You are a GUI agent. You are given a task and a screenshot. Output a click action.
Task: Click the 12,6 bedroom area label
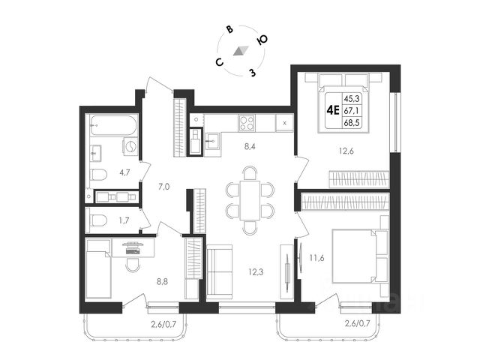[346, 151]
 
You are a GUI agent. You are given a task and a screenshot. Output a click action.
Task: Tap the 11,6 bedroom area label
[316, 258]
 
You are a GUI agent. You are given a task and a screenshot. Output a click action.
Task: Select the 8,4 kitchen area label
[250, 147]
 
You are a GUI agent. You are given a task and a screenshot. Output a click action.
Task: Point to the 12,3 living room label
[256, 271]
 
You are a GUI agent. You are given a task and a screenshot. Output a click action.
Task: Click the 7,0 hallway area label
[164, 186]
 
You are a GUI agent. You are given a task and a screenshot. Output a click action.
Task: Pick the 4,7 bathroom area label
[124, 172]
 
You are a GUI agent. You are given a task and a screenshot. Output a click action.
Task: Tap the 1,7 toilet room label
[124, 220]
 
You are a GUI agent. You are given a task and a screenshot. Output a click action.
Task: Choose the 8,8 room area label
[162, 281]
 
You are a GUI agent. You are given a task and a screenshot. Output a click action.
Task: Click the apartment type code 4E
[333, 110]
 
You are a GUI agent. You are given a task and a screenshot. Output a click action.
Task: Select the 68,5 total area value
[352, 123]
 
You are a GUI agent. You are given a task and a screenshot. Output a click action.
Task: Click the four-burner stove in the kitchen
[247, 123]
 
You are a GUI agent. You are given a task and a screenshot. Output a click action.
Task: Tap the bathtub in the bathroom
[113, 125]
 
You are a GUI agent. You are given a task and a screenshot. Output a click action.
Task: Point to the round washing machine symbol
[130, 145]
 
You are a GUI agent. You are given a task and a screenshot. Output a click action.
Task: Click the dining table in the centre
[250, 200]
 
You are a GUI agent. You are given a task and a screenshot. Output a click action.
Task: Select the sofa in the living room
[220, 271]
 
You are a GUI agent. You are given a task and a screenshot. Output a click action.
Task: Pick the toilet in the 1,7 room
[98, 220]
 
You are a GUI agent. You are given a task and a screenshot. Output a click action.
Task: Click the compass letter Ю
[262, 40]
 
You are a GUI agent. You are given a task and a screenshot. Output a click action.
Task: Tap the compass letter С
[219, 62]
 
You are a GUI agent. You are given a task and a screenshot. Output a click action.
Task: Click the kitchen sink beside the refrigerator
[212, 141]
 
